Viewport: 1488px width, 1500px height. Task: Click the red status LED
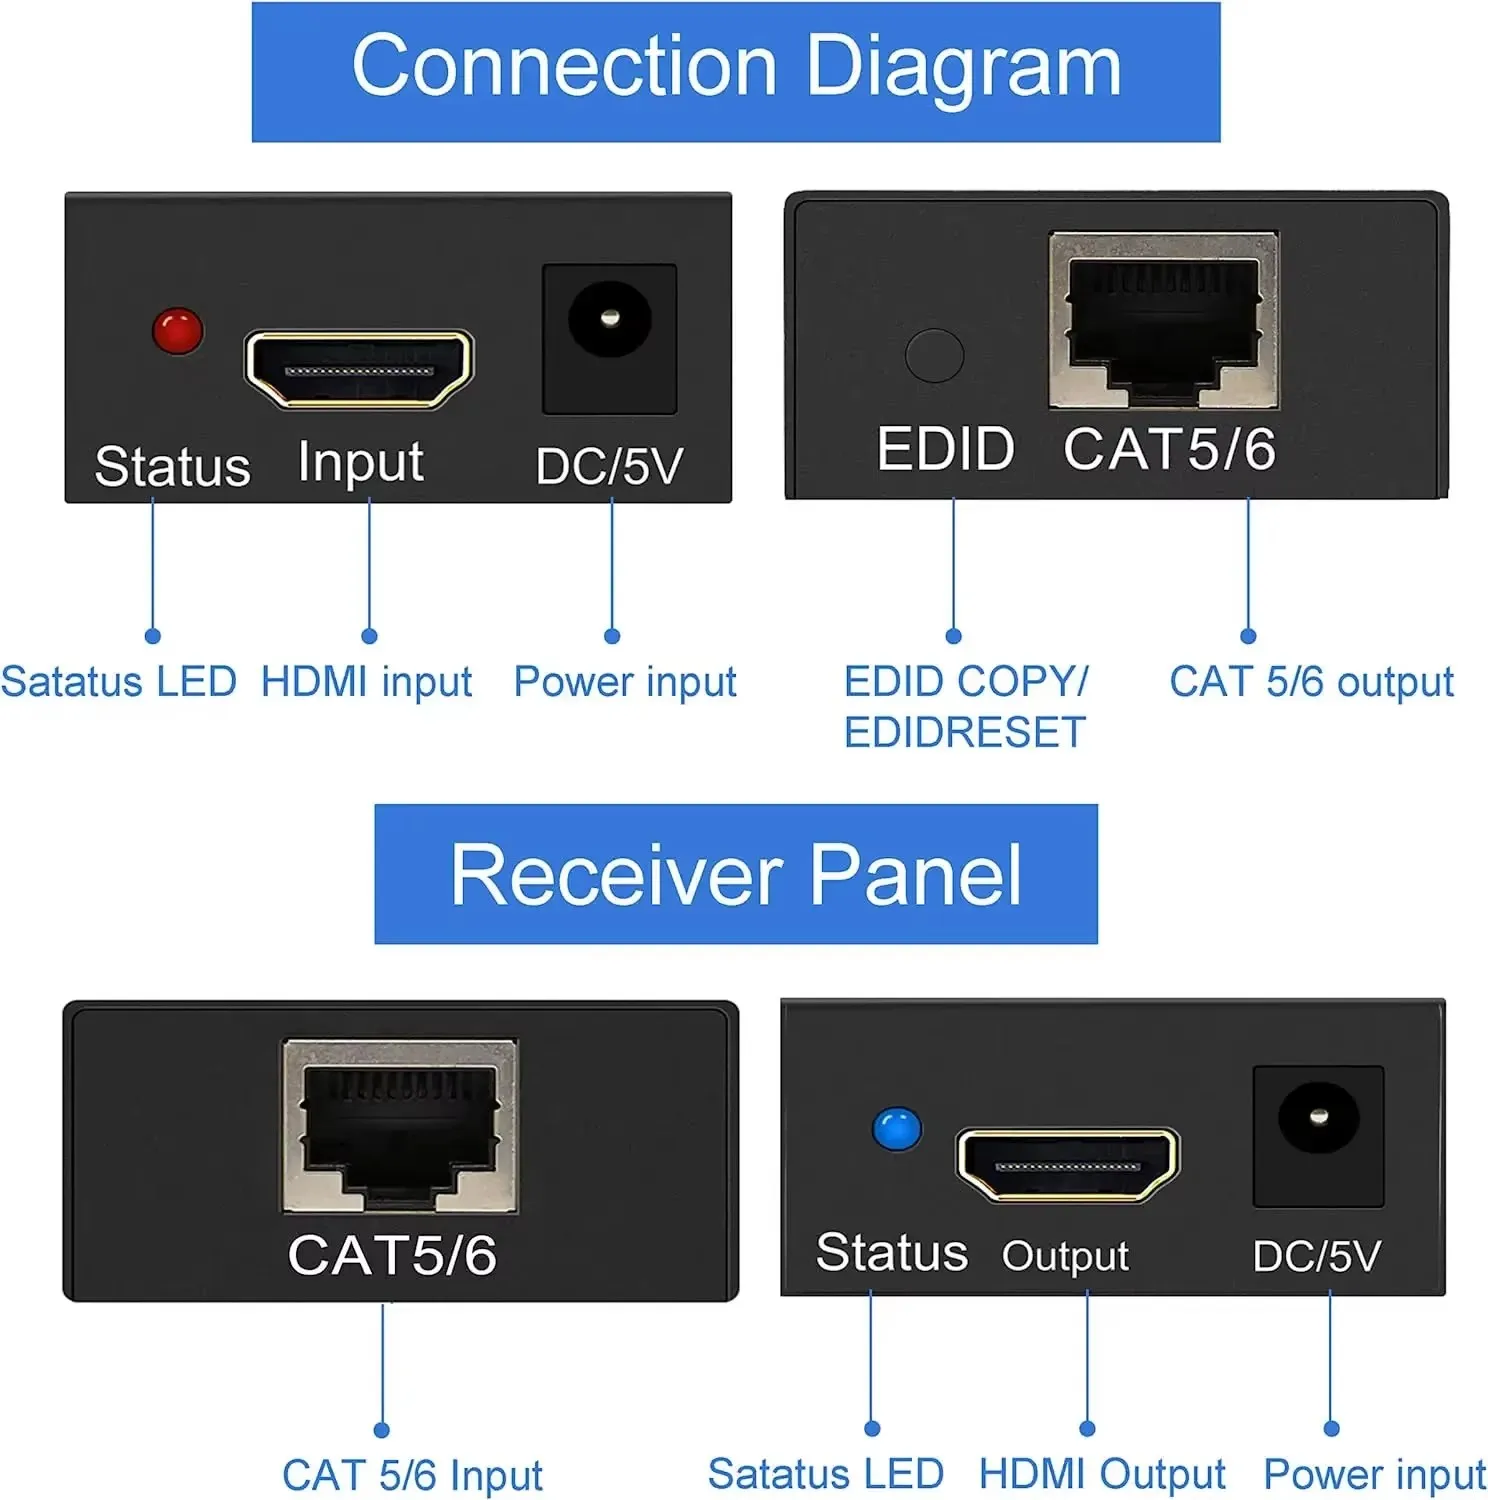[178, 331]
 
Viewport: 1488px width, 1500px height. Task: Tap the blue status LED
[896, 1129]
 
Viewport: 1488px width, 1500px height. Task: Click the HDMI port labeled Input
[359, 369]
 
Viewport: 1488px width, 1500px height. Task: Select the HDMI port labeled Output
[1067, 1164]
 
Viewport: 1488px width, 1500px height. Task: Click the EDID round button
[934, 355]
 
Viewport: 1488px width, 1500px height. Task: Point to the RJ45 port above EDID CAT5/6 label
[1163, 320]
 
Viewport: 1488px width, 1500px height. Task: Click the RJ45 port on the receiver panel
[400, 1126]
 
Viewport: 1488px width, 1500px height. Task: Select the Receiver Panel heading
[736, 874]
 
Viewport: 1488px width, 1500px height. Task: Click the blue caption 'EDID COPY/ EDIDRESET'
[965, 707]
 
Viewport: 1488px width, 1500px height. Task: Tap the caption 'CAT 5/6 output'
[1311, 682]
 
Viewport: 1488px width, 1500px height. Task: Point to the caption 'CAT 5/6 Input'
[412, 1475]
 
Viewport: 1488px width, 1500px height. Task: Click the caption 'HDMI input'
[366, 682]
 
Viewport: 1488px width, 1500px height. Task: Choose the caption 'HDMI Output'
[1101, 1474]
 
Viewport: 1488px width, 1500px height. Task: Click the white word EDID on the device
[945, 449]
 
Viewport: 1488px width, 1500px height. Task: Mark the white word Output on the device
[1065, 1256]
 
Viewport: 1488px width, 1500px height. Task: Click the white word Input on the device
[360, 463]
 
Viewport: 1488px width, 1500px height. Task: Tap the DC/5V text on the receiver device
[1316, 1256]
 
